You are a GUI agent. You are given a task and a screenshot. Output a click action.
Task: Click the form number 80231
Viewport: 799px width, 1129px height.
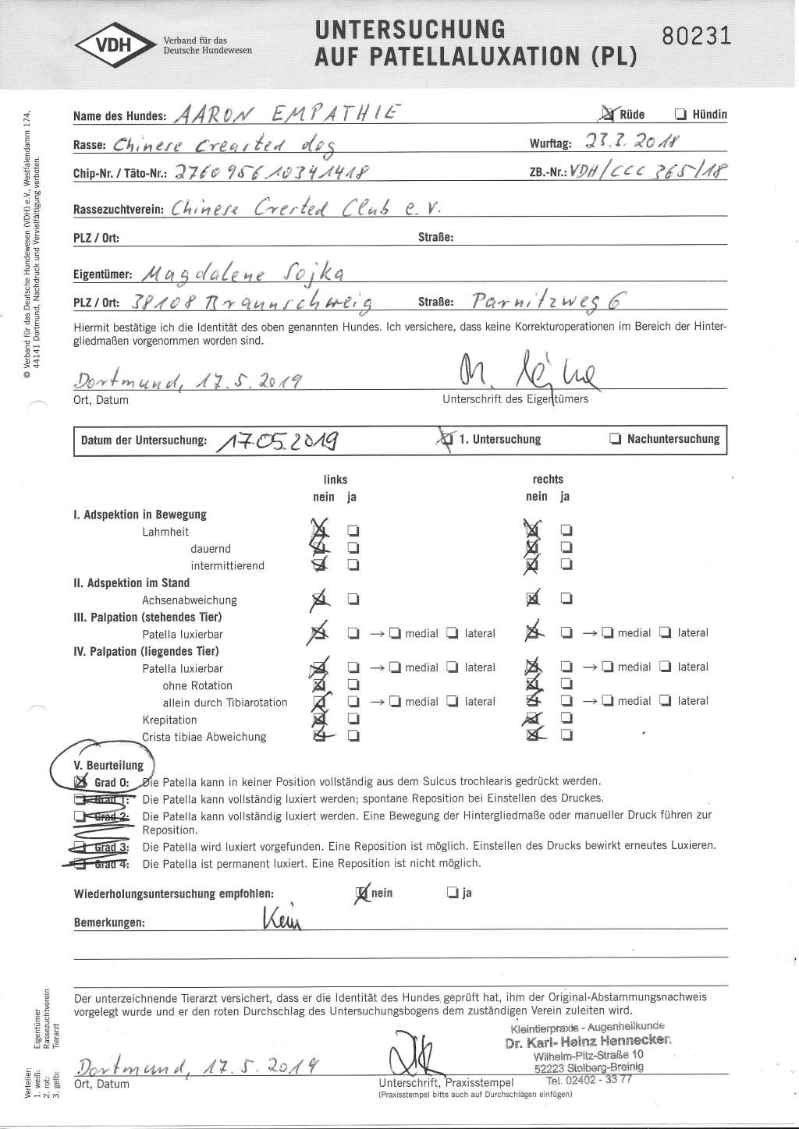click(x=696, y=37)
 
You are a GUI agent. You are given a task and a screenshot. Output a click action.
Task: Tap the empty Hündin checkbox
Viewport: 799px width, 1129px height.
click(x=680, y=115)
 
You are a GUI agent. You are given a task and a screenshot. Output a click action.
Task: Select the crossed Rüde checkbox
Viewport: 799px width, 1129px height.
click(x=609, y=115)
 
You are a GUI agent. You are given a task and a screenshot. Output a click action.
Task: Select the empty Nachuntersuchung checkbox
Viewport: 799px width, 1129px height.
click(x=614, y=439)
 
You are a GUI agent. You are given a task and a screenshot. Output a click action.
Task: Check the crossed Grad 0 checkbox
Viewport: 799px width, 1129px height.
click(x=80, y=781)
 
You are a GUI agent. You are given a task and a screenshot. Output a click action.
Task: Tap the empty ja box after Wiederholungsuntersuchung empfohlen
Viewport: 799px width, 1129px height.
click(x=452, y=893)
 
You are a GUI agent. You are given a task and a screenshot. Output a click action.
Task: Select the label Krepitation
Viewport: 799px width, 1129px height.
click(x=169, y=720)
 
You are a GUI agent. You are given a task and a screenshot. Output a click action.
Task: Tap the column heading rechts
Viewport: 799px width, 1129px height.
click(x=548, y=480)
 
